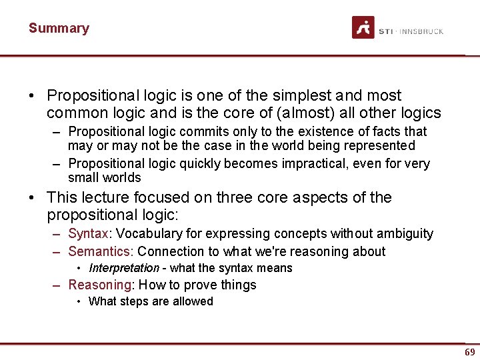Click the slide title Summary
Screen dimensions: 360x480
(59, 28)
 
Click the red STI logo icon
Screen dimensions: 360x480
(363, 27)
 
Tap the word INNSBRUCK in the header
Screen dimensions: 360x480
(423, 31)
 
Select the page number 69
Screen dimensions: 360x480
(469, 352)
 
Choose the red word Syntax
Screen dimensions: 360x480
(89, 233)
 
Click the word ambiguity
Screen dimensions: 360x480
(405, 233)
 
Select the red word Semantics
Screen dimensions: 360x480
(100, 251)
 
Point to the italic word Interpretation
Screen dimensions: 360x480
(124, 268)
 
